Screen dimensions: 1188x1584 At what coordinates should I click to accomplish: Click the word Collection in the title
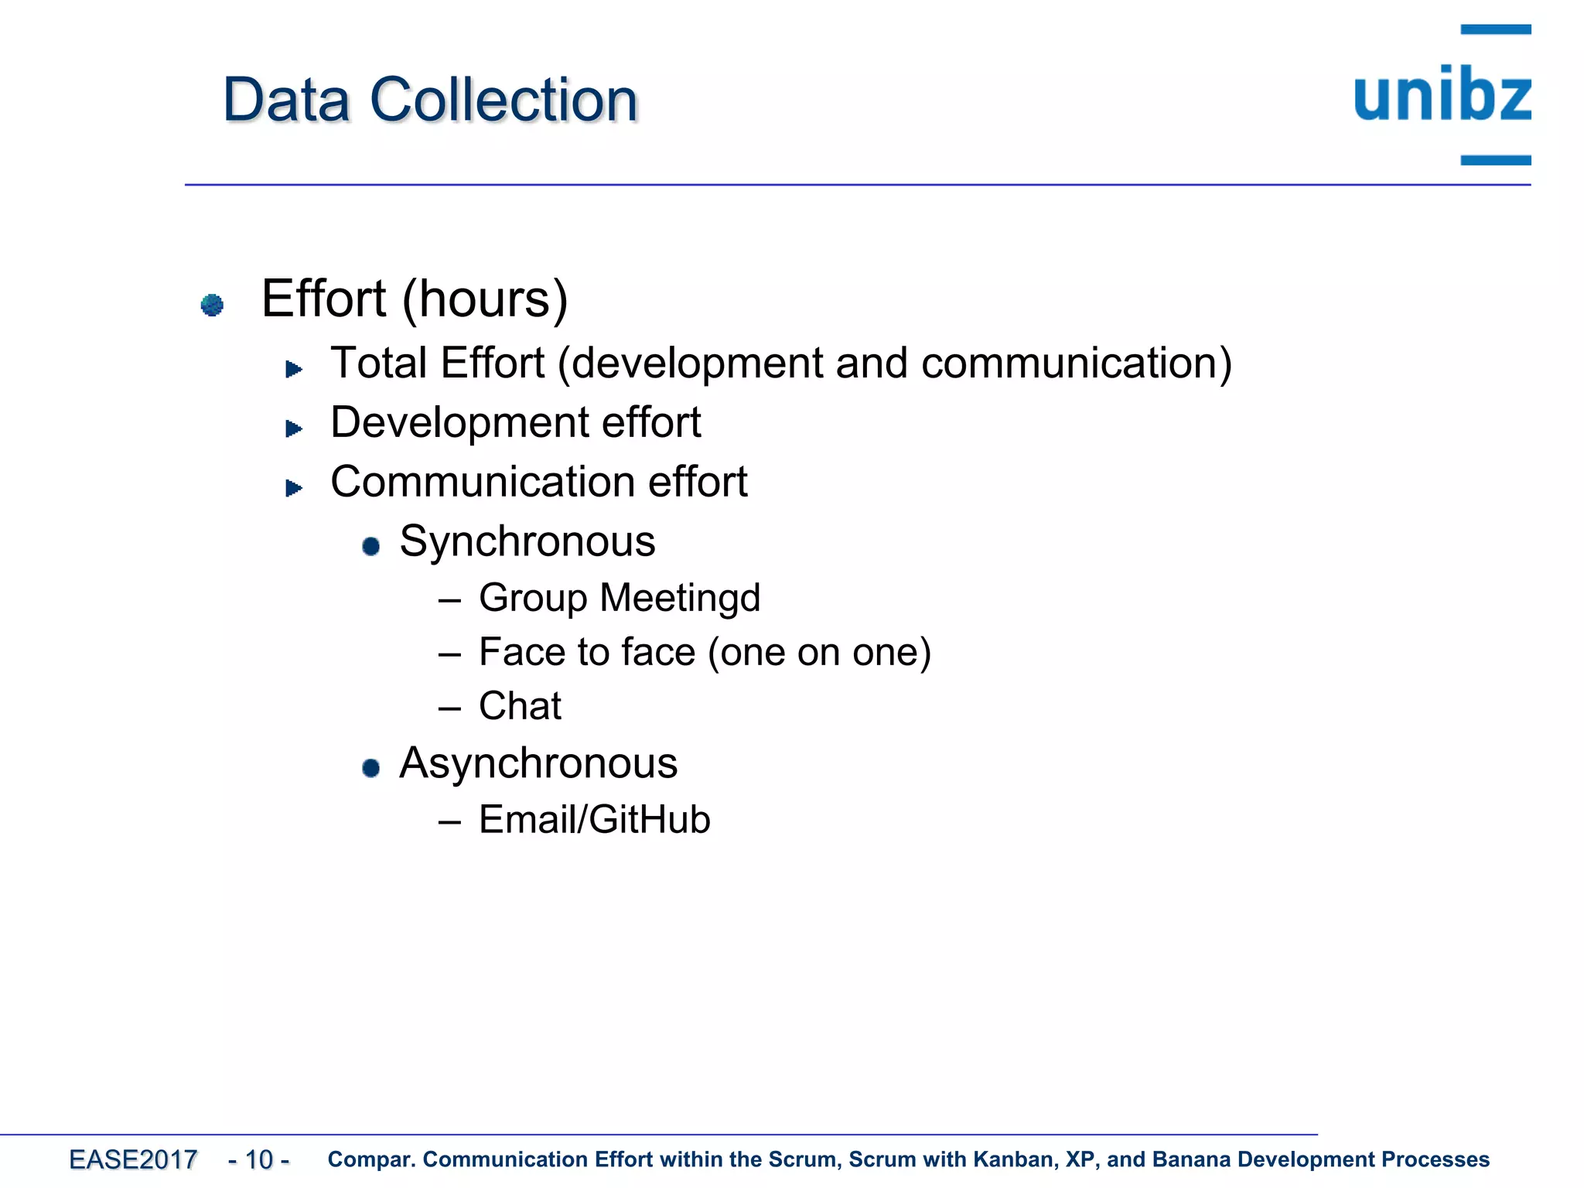[x=504, y=101]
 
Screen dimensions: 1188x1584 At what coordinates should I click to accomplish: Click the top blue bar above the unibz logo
[x=1495, y=29]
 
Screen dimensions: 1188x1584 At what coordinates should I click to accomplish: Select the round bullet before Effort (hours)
[x=212, y=305]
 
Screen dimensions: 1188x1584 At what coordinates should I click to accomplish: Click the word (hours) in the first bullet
[x=485, y=299]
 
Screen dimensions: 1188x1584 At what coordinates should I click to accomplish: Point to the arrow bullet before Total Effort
[x=293, y=369]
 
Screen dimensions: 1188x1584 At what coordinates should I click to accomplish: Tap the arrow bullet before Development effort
[x=293, y=428]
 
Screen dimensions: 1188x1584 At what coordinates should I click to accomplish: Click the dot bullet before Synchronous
[x=371, y=546]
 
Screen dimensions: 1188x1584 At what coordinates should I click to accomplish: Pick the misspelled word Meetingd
[x=680, y=598]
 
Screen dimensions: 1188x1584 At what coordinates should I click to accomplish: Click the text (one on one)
[x=819, y=652]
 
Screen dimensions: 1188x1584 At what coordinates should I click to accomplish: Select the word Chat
[x=520, y=705]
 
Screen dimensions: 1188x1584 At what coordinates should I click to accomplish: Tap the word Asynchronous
[x=538, y=763]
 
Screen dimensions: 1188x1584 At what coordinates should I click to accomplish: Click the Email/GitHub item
[x=594, y=819]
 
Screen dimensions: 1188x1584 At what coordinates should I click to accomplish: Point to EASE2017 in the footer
[x=133, y=1159]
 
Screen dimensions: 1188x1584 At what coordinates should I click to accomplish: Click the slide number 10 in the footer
[x=259, y=1159]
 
